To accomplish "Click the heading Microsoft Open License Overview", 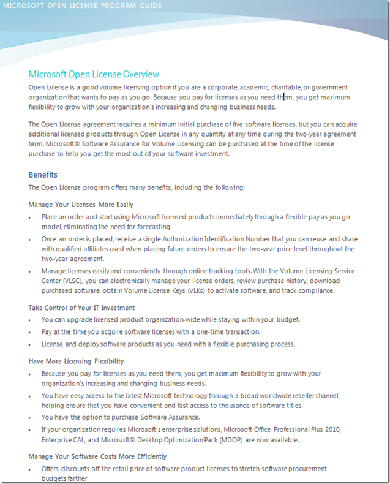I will tap(94, 74).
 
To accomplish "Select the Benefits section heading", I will tap(43, 175).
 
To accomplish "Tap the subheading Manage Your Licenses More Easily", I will tap(81, 205).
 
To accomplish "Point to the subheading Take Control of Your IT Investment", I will tap(81, 308).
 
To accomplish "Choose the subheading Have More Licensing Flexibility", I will tap(76, 361).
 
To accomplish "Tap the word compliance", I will tap(315, 290).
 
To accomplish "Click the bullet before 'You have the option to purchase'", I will tap(30, 418).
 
